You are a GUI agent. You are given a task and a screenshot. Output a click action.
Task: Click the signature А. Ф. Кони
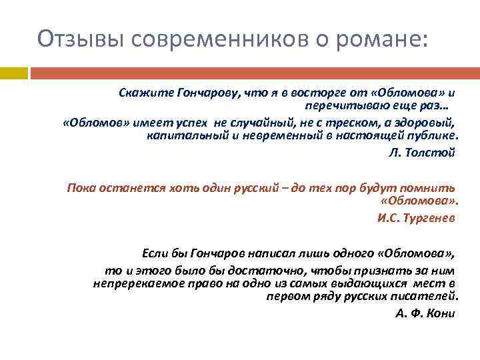425,313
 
